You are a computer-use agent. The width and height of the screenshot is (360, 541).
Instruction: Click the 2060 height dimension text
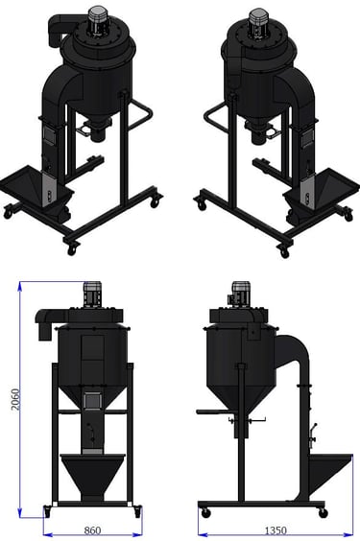15,399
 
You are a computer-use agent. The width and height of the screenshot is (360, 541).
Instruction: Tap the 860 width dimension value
92,529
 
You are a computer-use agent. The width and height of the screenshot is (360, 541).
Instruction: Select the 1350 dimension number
276,530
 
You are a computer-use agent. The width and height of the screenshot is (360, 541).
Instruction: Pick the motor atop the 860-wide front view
92,294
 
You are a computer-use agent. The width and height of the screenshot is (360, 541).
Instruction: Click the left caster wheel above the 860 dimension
47,512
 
